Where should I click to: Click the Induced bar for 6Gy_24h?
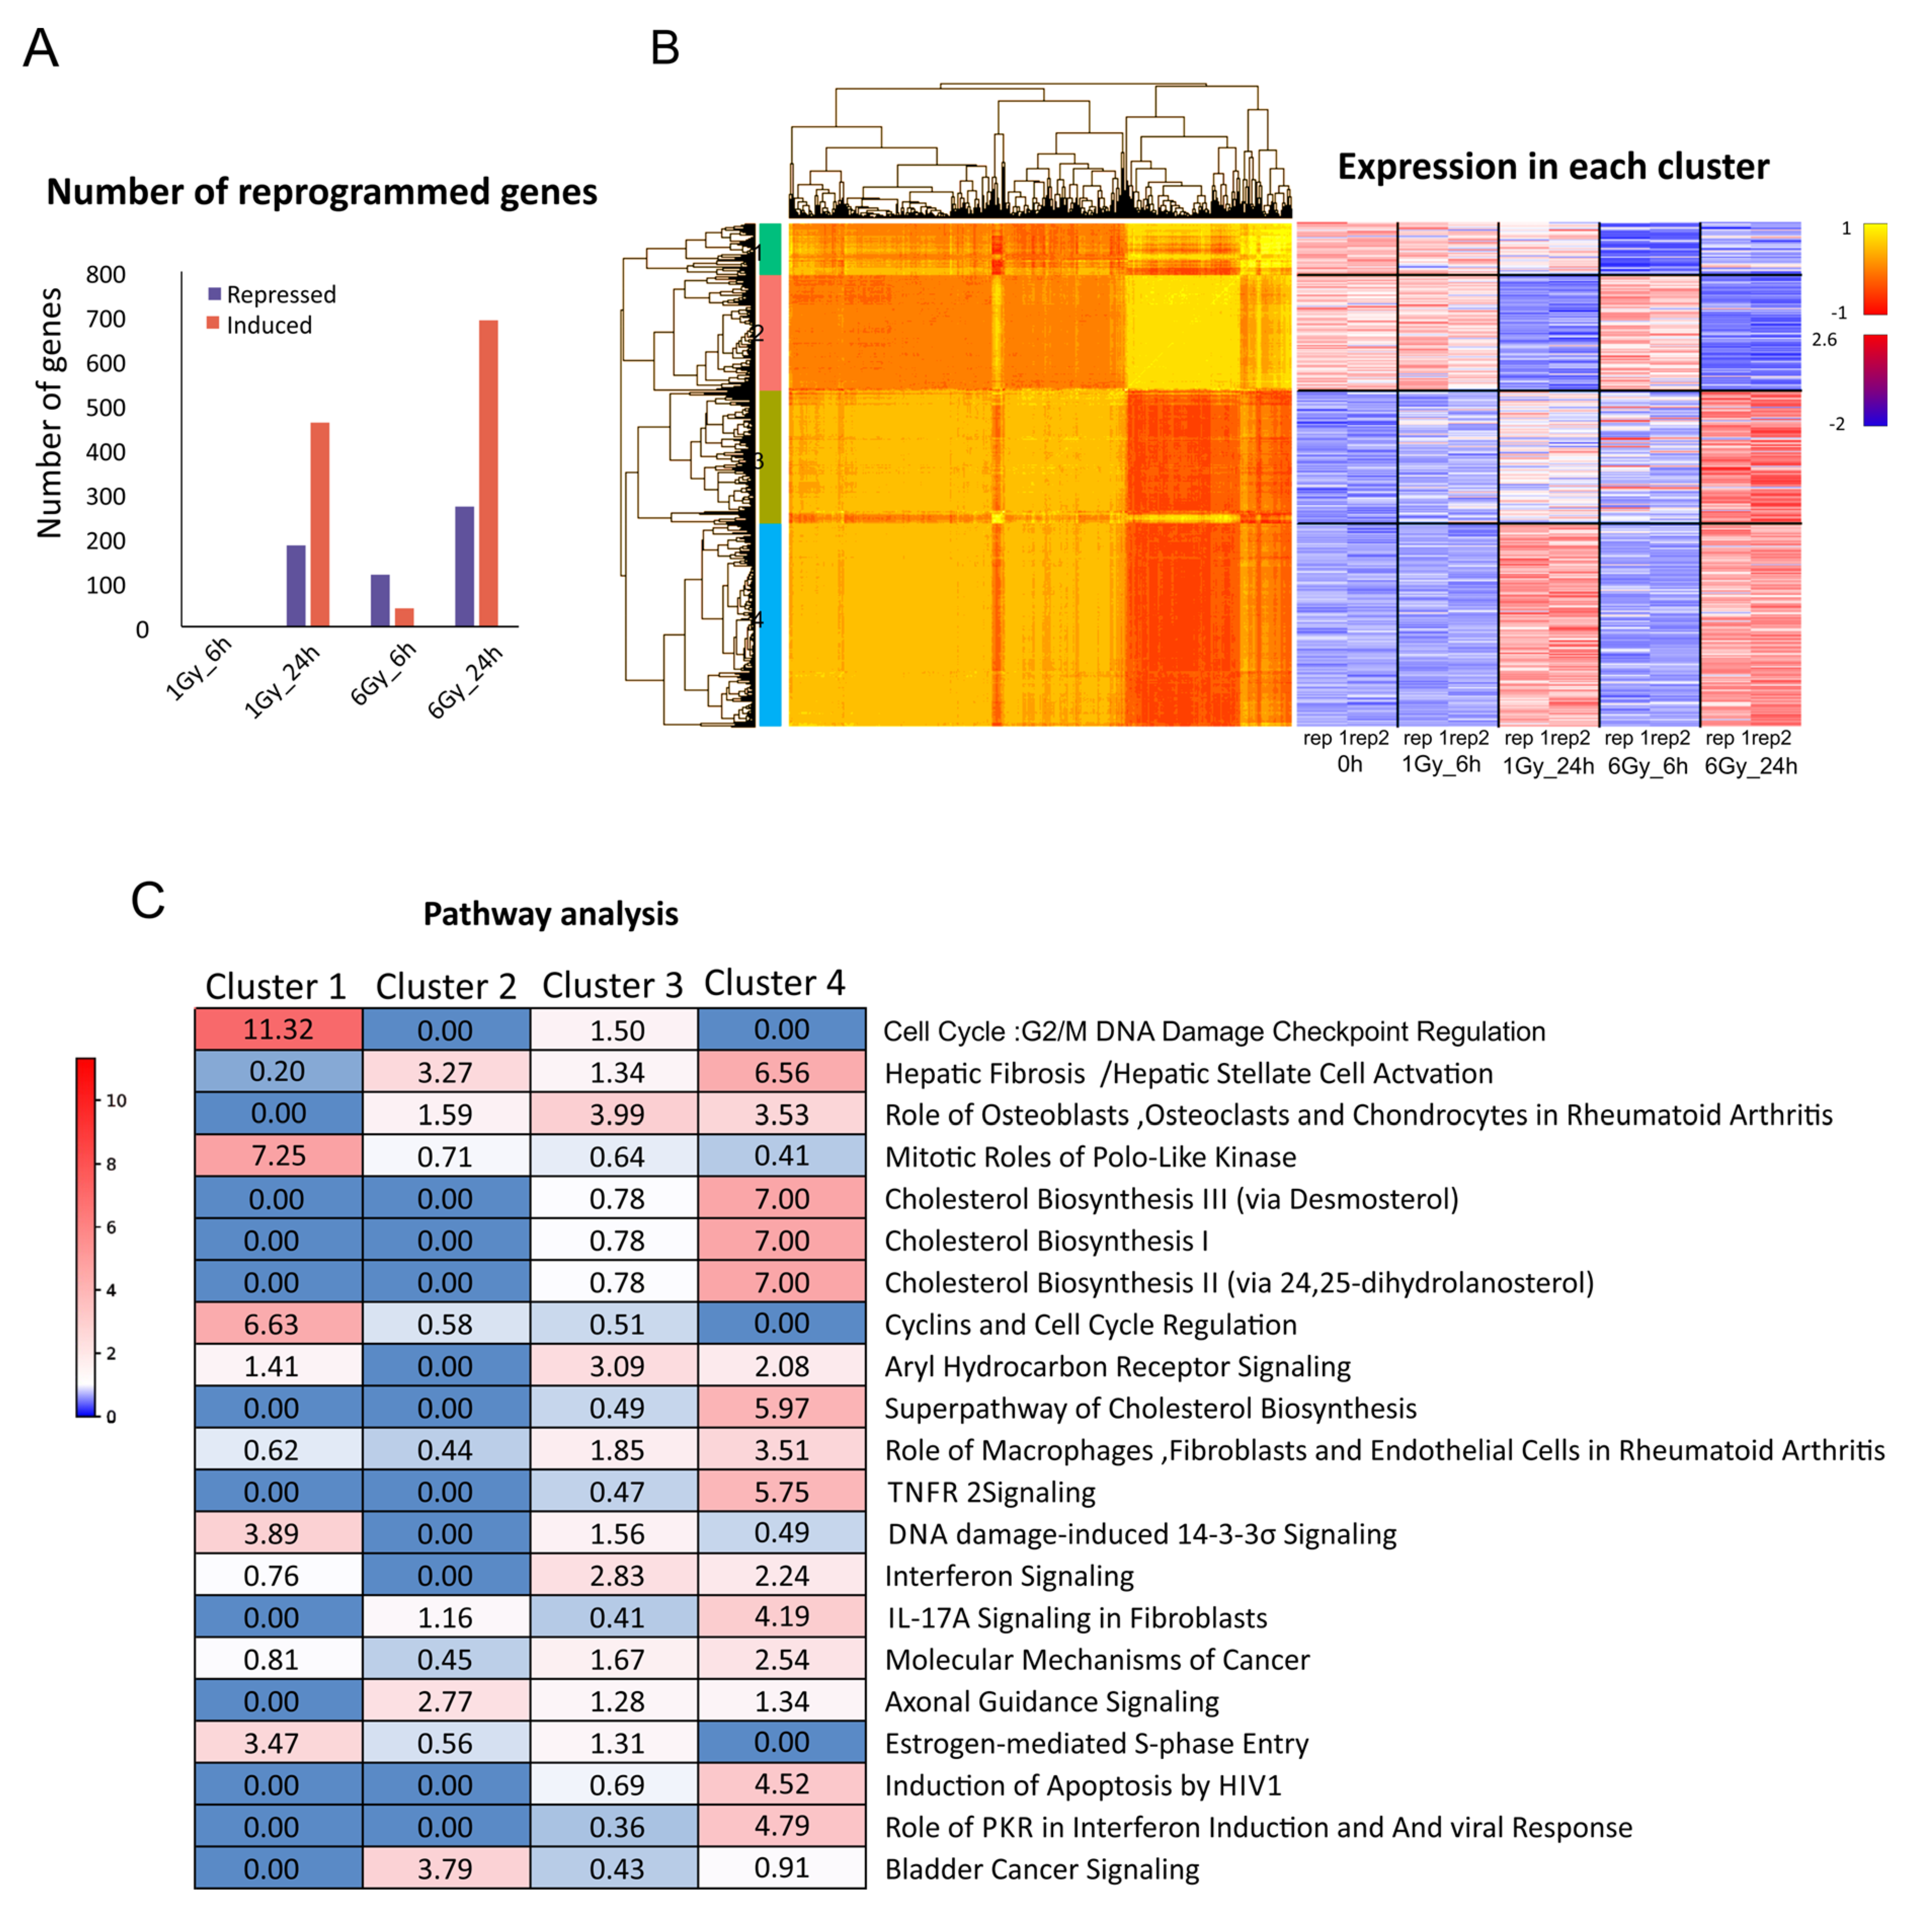(x=488, y=473)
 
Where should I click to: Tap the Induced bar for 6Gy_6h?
(x=404, y=617)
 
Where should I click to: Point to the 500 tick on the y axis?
(x=106, y=408)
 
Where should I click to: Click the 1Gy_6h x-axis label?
(x=198, y=669)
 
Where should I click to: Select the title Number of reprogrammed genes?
(x=322, y=192)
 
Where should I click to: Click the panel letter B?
(x=664, y=48)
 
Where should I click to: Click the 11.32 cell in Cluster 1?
(x=278, y=1030)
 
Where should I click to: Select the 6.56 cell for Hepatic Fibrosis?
(x=781, y=1072)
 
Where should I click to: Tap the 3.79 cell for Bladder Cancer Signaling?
(x=445, y=1868)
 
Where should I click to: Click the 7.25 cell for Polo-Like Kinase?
(x=278, y=1156)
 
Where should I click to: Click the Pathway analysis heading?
(x=551, y=913)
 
